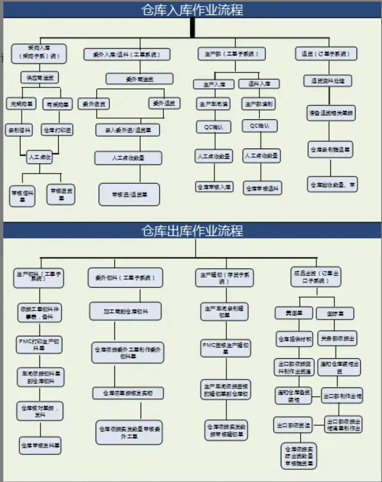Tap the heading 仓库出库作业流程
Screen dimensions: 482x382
point(192,230)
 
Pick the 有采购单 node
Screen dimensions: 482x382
point(57,104)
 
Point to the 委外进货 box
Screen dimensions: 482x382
point(94,103)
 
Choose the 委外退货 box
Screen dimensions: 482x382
point(164,103)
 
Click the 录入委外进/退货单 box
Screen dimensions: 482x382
point(127,130)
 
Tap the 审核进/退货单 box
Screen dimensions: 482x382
point(129,194)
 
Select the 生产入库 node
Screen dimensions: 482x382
point(214,84)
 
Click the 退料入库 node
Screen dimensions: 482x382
point(259,84)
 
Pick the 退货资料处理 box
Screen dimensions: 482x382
point(327,81)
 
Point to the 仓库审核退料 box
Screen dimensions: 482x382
point(263,188)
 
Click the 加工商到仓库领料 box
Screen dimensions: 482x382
point(125,311)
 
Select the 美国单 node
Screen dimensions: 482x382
point(293,313)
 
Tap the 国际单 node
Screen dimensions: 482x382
point(335,313)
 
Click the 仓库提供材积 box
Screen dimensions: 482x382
point(294,339)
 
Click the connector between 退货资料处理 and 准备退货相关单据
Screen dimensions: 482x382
point(328,96)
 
